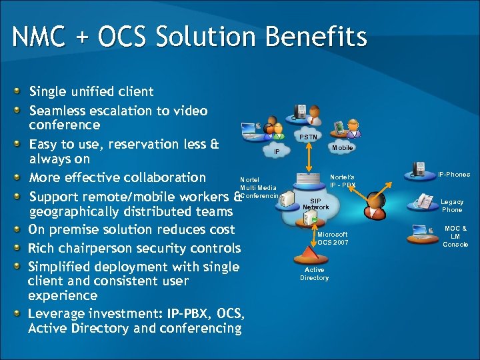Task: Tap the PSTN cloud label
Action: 308,137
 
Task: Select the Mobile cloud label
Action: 342,148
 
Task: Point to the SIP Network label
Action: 315,203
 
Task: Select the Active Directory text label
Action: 314,274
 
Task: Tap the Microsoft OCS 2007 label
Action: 332,239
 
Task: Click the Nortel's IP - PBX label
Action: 343,181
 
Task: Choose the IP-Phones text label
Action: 453,175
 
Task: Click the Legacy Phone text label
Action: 452,205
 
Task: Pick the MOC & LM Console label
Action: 455,236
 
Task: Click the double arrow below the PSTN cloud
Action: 309,157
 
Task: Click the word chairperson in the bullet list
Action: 100,249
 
